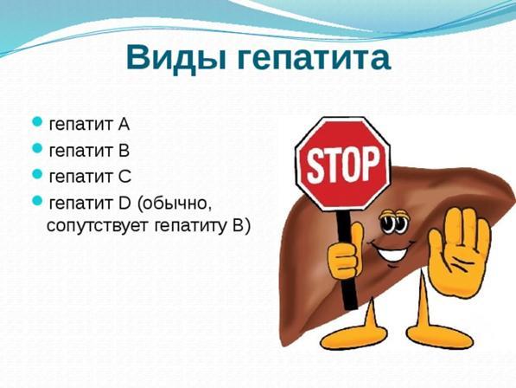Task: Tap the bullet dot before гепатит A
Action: tap(37, 121)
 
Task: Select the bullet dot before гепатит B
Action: tap(37, 148)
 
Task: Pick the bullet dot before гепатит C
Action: tap(37, 174)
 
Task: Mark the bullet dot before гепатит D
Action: tap(37, 200)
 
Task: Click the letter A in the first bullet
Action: tap(124, 124)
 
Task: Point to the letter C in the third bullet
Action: tap(124, 177)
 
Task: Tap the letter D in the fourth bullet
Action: tap(124, 203)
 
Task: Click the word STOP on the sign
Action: tap(343, 165)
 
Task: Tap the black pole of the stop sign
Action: tap(346, 261)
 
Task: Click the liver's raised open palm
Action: tap(459, 252)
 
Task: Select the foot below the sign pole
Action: tap(354, 333)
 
